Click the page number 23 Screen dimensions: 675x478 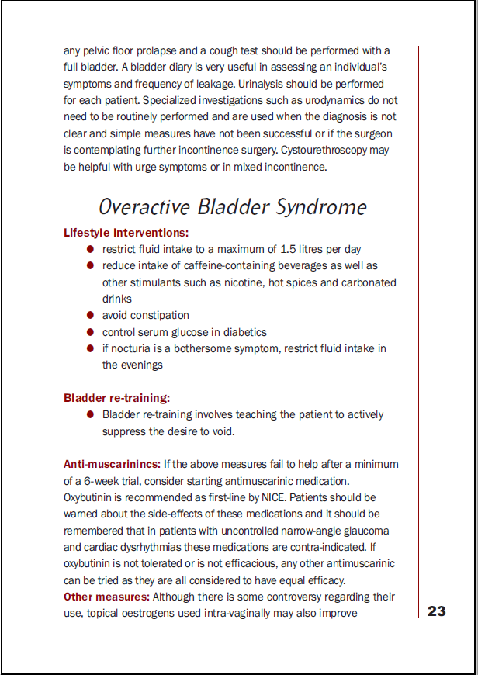437,611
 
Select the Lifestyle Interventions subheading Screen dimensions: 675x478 126,233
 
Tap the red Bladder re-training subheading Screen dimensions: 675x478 116,398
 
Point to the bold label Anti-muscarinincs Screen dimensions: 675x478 112,464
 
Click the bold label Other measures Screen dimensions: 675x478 107,597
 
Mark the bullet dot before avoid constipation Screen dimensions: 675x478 90,315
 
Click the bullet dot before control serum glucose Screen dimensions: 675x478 90,332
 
